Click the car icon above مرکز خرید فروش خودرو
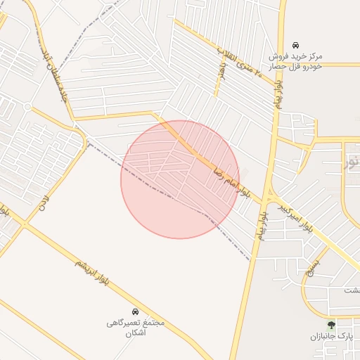click(296, 44)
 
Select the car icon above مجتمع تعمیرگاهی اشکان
click(135, 311)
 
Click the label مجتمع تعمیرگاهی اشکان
click(135, 327)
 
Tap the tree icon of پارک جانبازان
click(331, 325)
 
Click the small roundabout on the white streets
click(27, 107)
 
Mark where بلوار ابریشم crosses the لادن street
click(23, 225)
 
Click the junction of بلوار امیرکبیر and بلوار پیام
click(269, 191)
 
